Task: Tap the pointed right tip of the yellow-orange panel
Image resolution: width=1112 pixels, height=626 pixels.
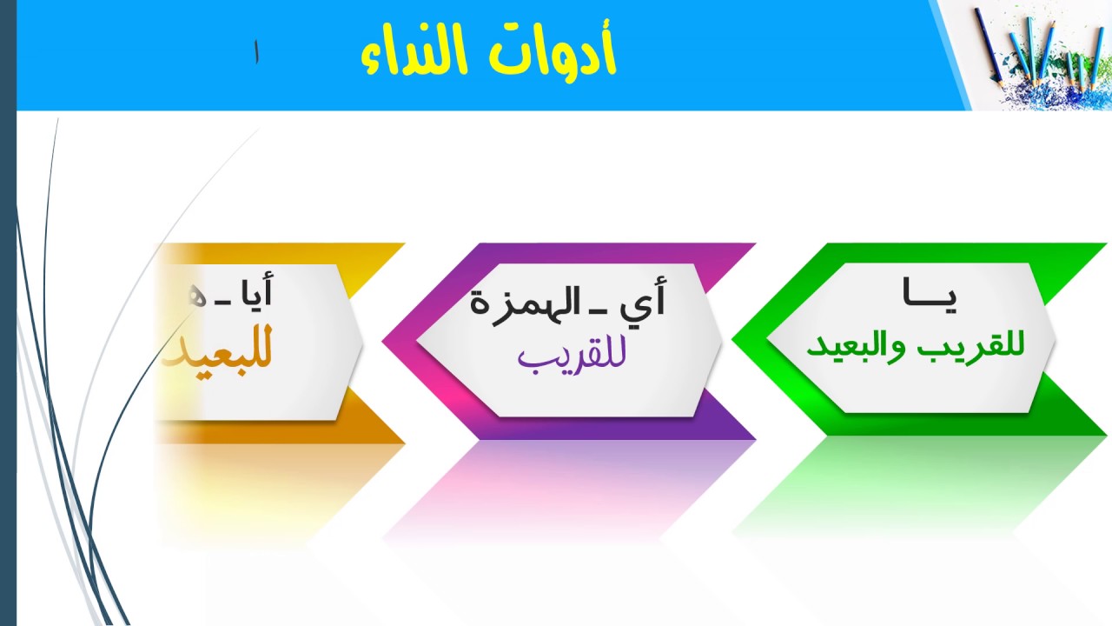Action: [x=361, y=340]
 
